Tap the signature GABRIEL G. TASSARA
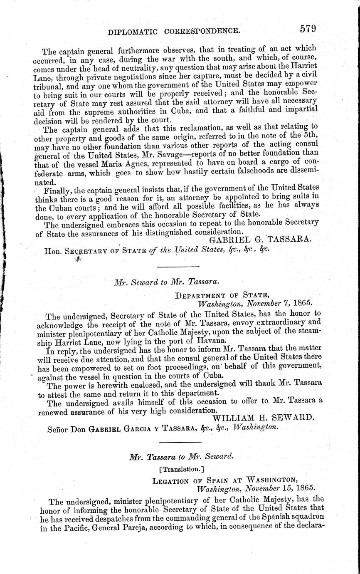[x=259, y=240]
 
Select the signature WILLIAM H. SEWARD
[x=261, y=418]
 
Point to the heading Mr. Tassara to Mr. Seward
[x=182, y=456]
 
